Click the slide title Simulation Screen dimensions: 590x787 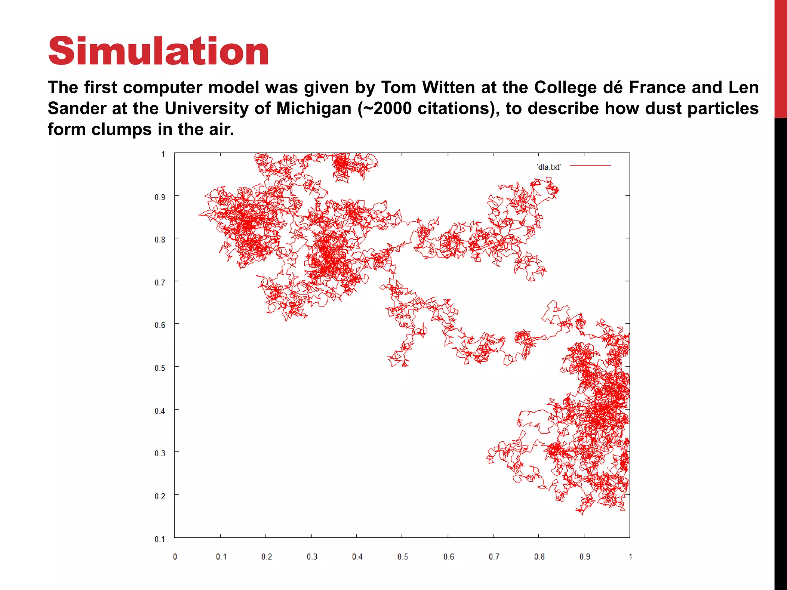158,51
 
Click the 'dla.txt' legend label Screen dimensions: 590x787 549,167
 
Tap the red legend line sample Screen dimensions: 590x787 590,166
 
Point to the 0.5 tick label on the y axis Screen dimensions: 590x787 160,368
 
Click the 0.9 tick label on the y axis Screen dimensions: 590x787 160,197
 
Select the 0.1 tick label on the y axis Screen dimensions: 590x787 160,539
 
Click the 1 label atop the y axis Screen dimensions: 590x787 163,154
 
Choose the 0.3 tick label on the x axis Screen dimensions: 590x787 312,557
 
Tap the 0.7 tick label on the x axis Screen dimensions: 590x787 494,557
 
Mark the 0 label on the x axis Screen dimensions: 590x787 175,557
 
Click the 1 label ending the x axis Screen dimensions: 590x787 630,557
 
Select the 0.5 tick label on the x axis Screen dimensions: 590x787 403,557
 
